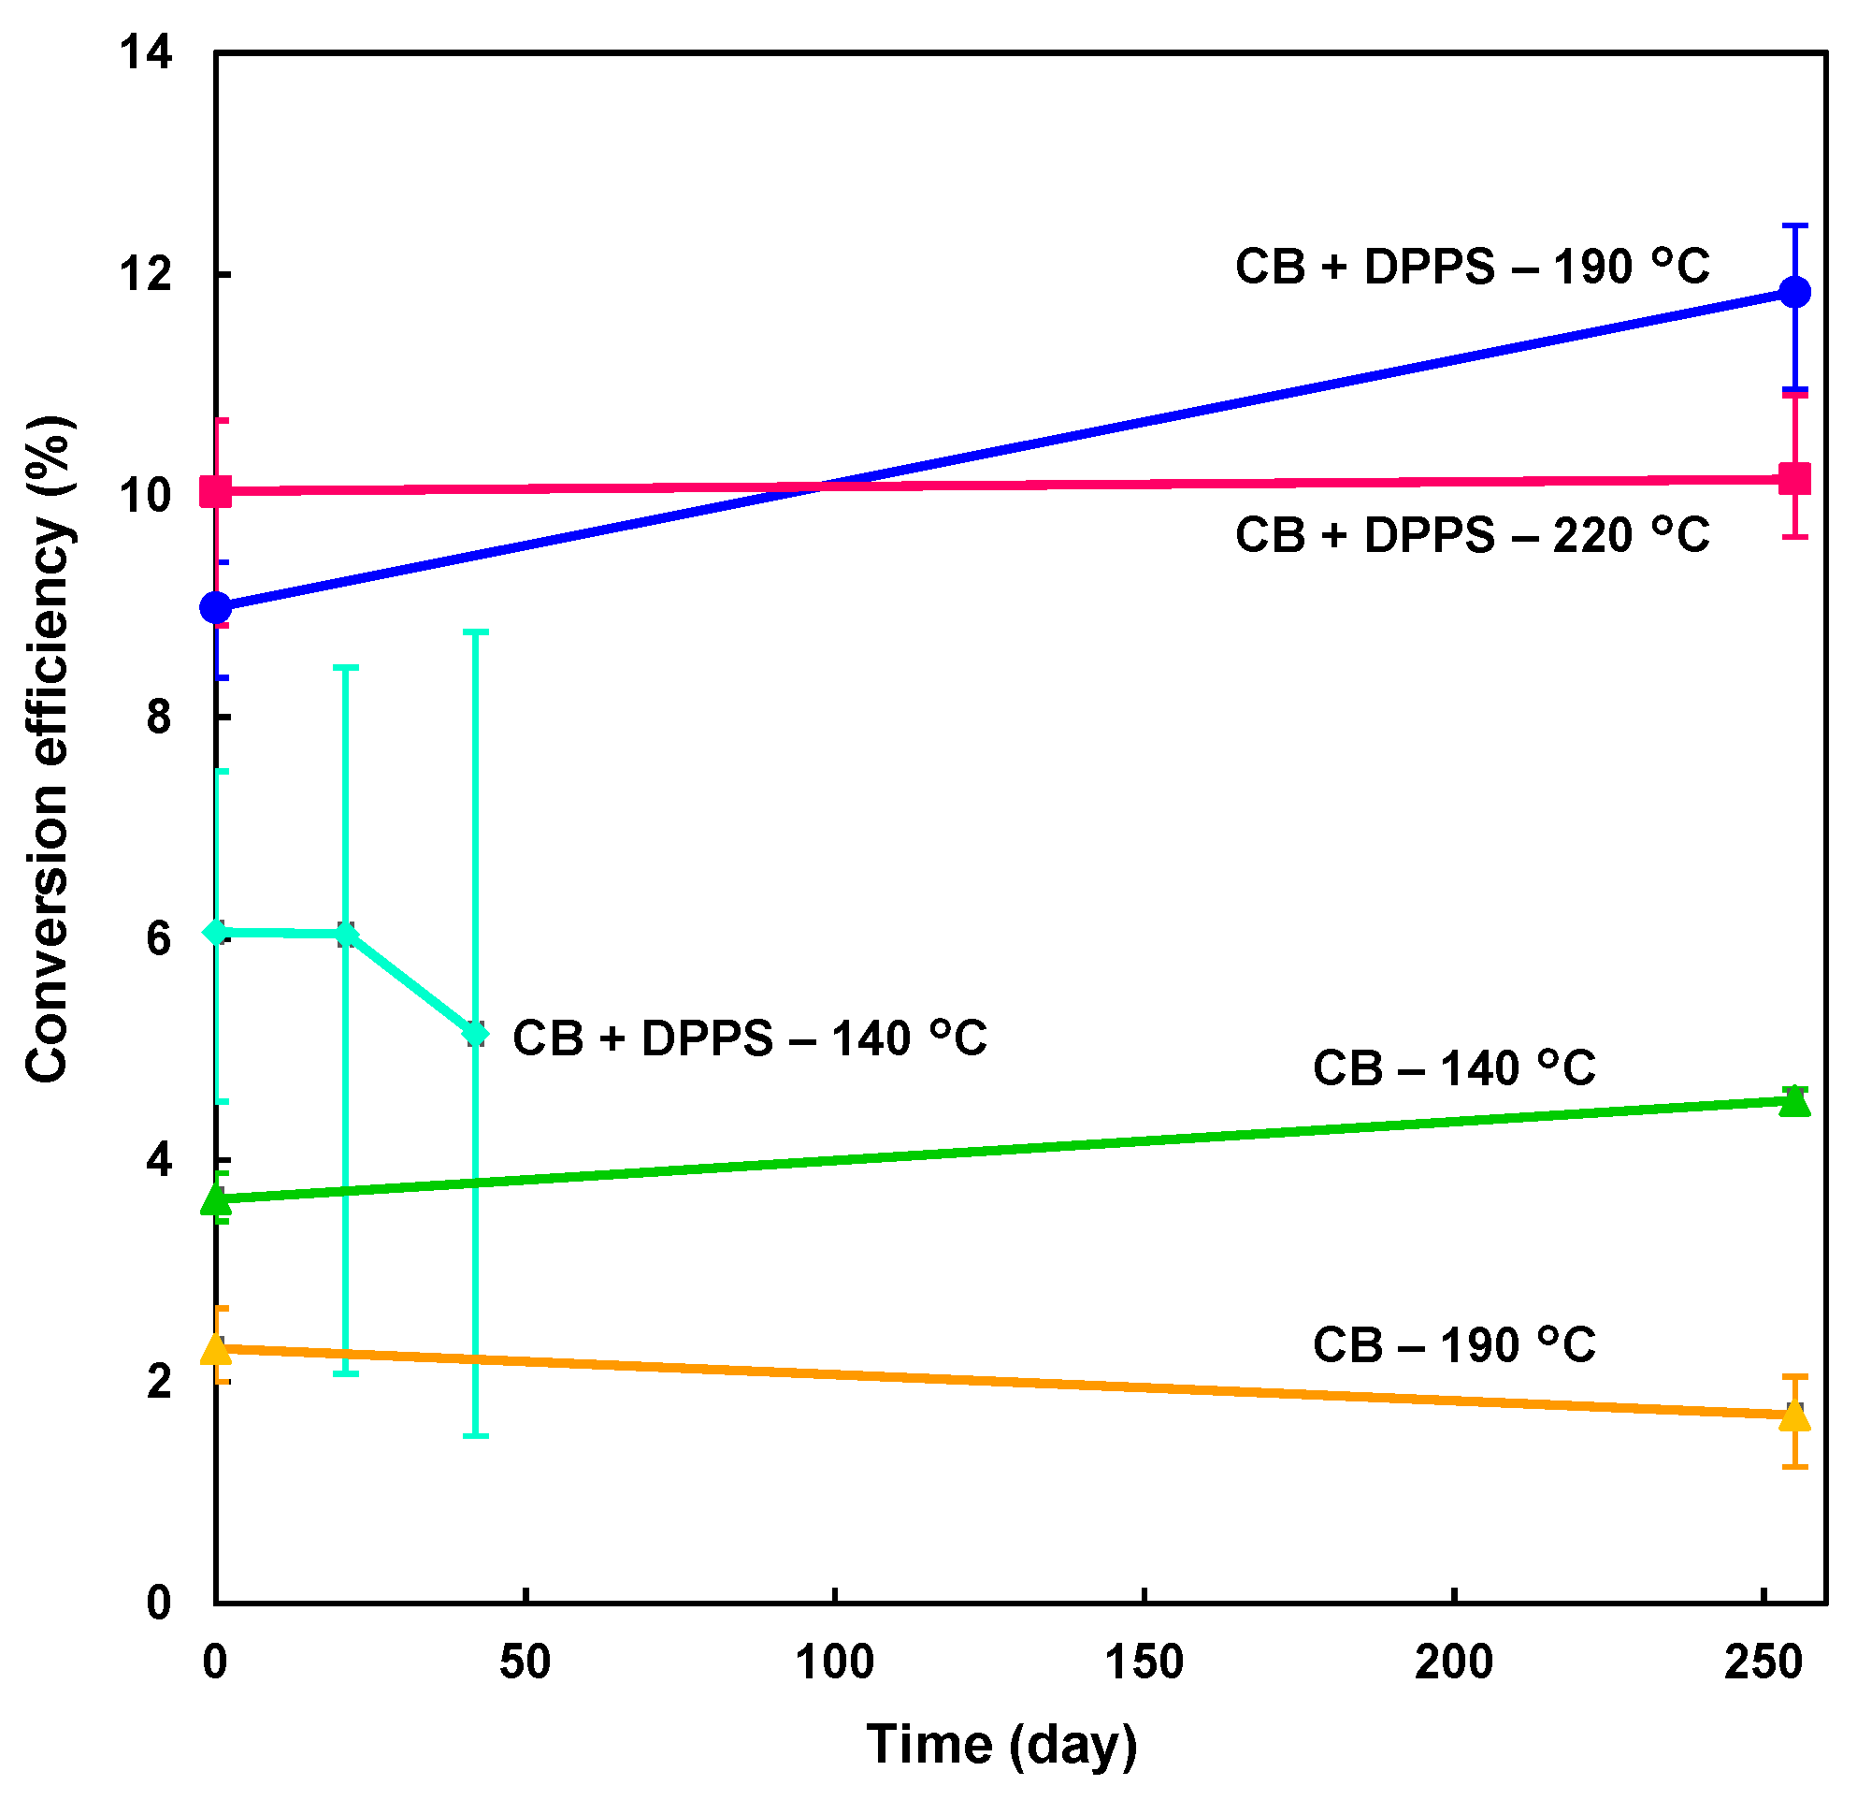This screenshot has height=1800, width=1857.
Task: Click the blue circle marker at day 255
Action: (1794, 292)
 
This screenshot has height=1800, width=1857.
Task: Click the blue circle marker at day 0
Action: (216, 606)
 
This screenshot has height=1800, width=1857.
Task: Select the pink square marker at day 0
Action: (216, 492)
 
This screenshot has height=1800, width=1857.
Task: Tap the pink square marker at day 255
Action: (1794, 479)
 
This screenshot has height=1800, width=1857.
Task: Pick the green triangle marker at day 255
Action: (1794, 1101)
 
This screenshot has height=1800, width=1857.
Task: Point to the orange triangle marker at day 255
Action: (1794, 1416)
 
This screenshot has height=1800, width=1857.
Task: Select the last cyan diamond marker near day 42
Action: (476, 1034)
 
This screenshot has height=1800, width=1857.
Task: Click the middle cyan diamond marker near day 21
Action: (347, 936)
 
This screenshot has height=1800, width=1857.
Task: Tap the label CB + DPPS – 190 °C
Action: (1472, 268)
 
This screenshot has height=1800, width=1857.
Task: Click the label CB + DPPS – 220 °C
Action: (1472, 536)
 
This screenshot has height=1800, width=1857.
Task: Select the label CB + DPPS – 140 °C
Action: (749, 1038)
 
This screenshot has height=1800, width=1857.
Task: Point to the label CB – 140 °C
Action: (1454, 1069)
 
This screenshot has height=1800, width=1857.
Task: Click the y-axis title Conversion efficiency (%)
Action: (48, 748)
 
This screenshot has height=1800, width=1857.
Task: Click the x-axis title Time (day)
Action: (1001, 1744)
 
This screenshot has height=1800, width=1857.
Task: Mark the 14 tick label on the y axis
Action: (145, 53)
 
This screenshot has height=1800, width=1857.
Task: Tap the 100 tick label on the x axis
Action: (835, 1662)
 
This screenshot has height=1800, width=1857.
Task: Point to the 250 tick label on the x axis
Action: (1763, 1662)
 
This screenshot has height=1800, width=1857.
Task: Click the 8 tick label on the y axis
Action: (158, 718)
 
